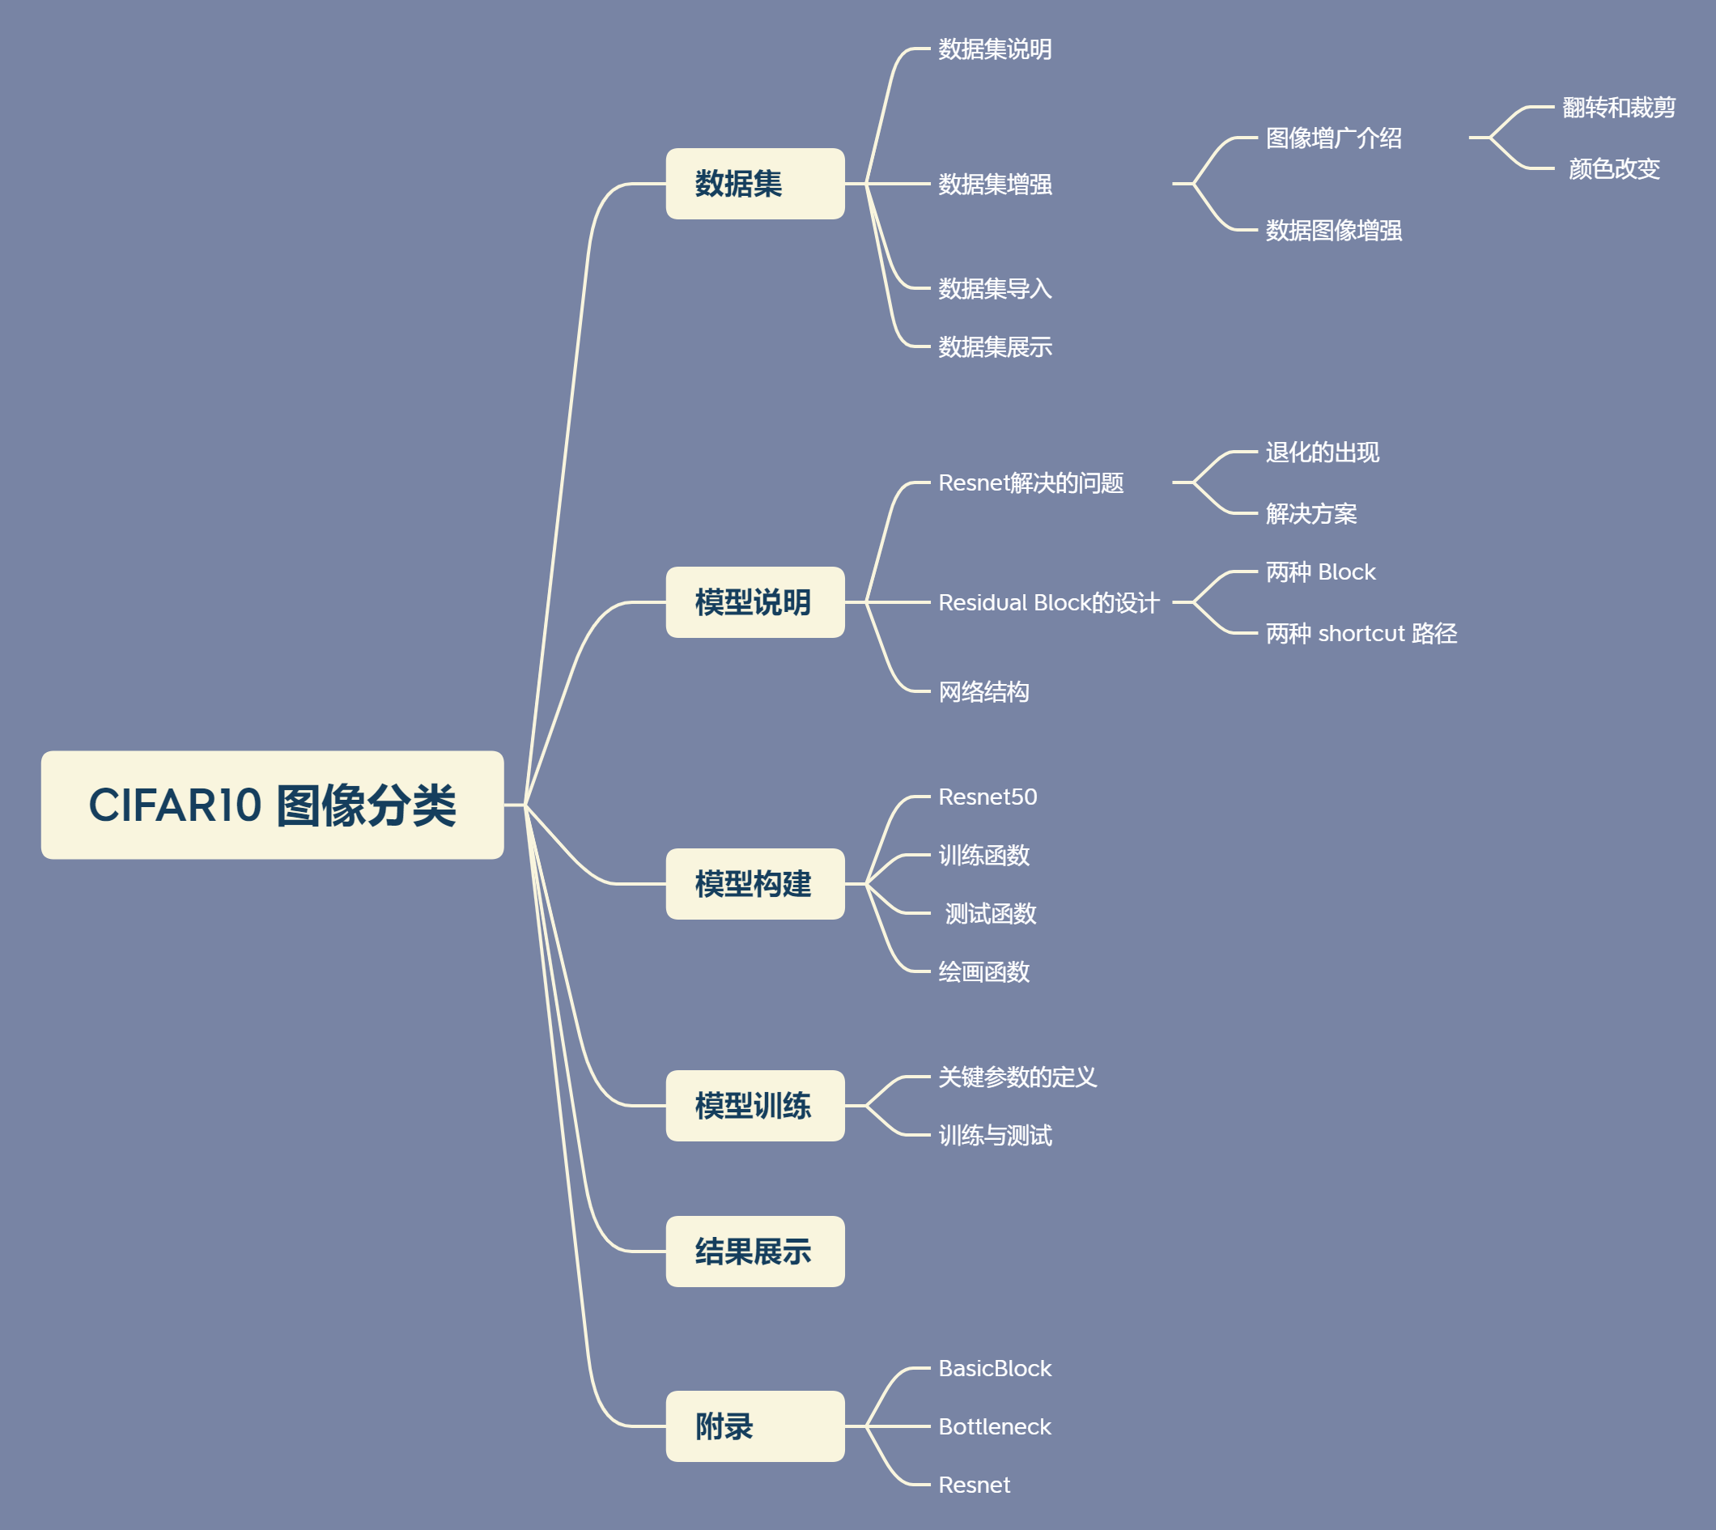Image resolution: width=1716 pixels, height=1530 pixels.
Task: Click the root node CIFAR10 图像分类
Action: pyautogui.click(x=272, y=805)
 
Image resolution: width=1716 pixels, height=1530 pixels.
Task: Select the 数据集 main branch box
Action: pyautogui.click(x=754, y=184)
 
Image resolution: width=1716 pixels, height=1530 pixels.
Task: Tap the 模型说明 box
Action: pyautogui.click(x=754, y=602)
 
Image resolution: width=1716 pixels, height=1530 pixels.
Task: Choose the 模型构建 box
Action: pyautogui.click(x=754, y=883)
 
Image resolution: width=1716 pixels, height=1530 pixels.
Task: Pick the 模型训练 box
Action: pyautogui.click(x=754, y=1106)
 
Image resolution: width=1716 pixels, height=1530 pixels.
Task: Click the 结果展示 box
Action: pyautogui.click(x=754, y=1251)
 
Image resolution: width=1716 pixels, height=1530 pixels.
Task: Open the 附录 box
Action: pyautogui.click(x=754, y=1426)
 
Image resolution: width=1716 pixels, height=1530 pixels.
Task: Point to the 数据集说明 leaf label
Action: pyautogui.click(x=995, y=49)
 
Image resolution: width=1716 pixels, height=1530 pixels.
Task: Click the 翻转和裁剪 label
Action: pyautogui.click(x=1619, y=108)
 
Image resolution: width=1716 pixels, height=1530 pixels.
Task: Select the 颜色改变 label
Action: pyautogui.click(x=1613, y=169)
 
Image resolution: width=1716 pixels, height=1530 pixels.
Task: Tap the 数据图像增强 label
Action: pyautogui.click(x=1334, y=231)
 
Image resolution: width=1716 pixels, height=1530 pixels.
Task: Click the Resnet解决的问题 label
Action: pyautogui.click(x=1031, y=483)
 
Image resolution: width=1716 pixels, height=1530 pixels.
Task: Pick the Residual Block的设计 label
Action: pyautogui.click(x=1048, y=603)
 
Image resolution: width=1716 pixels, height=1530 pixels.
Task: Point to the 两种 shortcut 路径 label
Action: pyautogui.click(x=1361, y=633)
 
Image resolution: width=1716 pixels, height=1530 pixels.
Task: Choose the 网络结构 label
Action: pyautogui.click(x=983, y=692)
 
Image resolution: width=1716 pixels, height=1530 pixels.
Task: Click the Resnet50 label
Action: pyautogui.click(x=988, y=797)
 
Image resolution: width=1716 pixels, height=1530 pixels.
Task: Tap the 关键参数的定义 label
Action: pyautogui.click(x=1017, y=1077)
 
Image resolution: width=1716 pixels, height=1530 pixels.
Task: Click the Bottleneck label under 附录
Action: pyautogui.click(x=994, y=1426)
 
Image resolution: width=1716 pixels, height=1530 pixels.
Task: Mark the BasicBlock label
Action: pyautogui.click(x=994, y=1369)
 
